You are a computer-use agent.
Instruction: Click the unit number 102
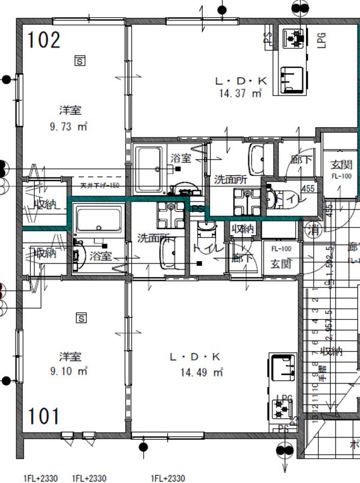[x=44, y=40]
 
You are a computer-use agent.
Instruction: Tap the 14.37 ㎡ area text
[x=241, y=93]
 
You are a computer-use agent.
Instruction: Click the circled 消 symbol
[x=313, y=229]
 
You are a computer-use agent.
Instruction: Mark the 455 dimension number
[x=308, y=189]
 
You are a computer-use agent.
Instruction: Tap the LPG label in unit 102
[x=321, y=40]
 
